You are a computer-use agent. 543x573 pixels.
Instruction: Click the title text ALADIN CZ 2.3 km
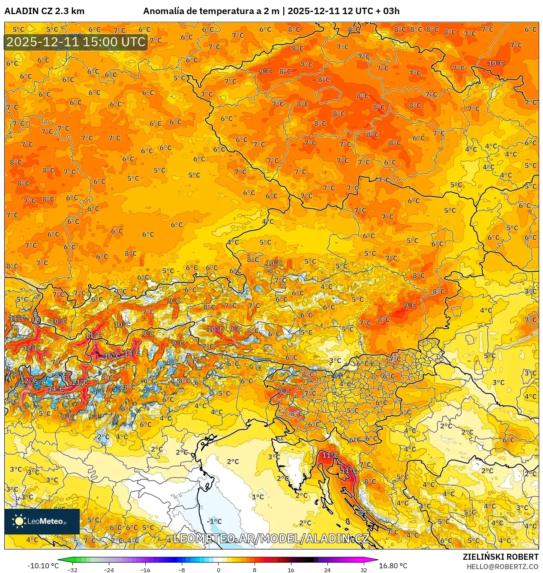tap(44, 11)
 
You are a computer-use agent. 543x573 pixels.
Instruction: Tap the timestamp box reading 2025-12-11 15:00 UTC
tap(76, 42)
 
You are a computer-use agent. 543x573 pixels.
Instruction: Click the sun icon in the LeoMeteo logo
tap(19, 521)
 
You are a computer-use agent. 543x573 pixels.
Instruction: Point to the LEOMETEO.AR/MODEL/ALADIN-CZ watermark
tap(271, 538)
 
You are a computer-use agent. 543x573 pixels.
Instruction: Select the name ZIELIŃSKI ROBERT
tap(500, 557)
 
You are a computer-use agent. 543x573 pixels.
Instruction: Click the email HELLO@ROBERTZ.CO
tap(502, 567)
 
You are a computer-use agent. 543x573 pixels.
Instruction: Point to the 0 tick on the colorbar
tap(218, 570)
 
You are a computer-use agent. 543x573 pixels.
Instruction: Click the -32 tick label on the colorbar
tap(72, 570)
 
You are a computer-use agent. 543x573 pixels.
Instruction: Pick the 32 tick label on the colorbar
tap(363, 570)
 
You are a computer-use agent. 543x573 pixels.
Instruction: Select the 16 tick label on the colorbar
tap(291, 570)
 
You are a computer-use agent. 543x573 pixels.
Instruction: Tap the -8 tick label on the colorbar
tap(182, 570)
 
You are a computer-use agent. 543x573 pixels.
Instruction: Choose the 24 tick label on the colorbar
tap(327, 570)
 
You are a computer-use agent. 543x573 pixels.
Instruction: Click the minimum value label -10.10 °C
tap(43, 566)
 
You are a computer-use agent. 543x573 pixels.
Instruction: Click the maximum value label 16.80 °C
tap(393, 566)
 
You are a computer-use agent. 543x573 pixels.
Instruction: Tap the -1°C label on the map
tap(214, 521)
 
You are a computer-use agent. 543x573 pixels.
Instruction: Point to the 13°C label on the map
tap(80, 382)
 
